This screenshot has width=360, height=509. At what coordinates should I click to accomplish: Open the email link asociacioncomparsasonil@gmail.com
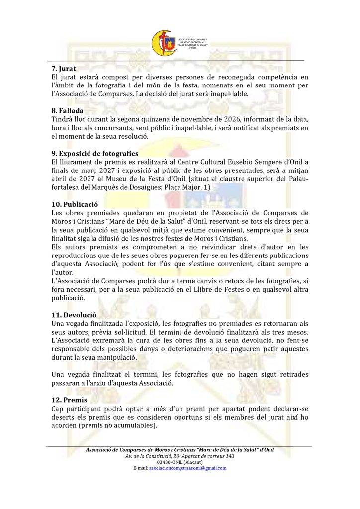click(x=187, y=468)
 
